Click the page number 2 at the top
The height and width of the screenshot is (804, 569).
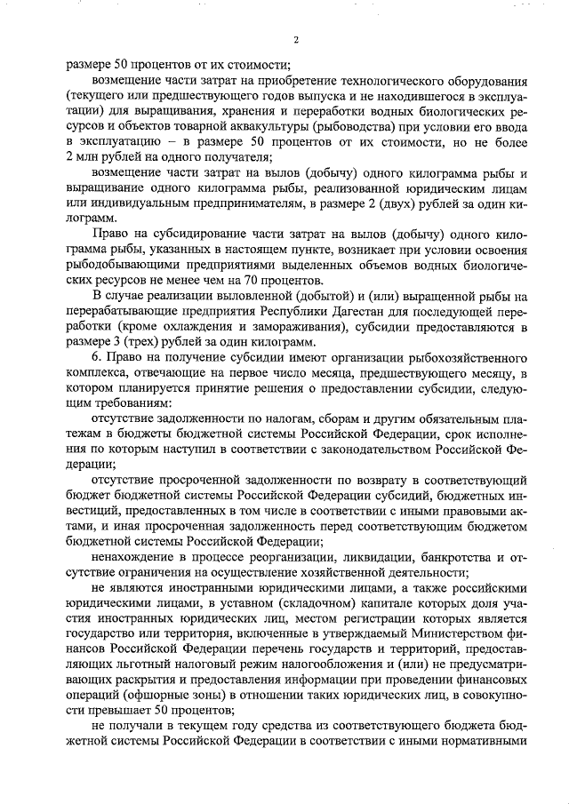[296, 39]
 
